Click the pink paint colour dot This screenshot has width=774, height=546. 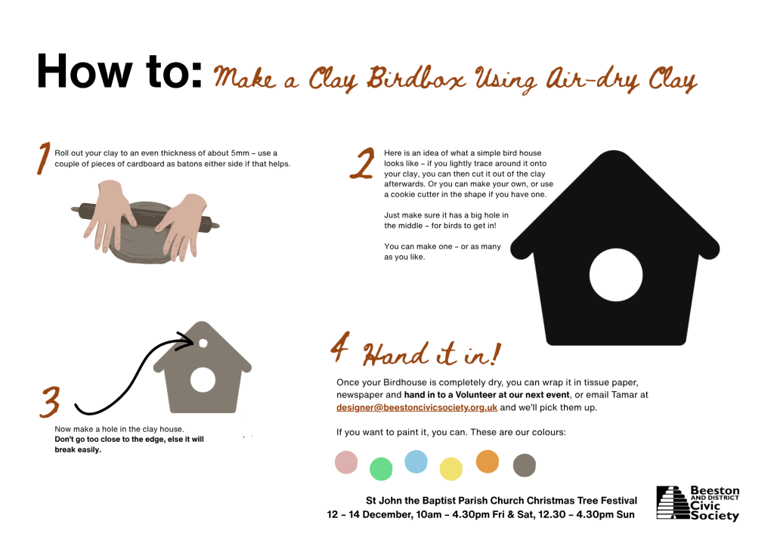pyautogui.click(x=346, y=462)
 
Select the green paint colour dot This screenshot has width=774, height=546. pyautogui.click(x=381, y=468)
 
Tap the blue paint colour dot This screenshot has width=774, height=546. pyautogui.click(x=416, y=461)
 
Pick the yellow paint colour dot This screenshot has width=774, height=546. pyautogui.click(x=450, y=468)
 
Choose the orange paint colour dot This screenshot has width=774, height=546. pyautogui.click(x=488, y=461)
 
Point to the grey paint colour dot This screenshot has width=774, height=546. pyautogui.click(x=525, y=465)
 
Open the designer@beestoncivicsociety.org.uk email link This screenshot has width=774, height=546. pyautogui.click(x=416, y=407)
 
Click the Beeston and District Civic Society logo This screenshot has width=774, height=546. pyautogui.click(x=698, y=503)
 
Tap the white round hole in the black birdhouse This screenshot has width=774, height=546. pyautogui.click(x=616, y=275)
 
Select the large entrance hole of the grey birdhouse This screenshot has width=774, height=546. pyautogui.click(x=203, y=381)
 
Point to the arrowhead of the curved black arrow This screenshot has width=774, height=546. pyautogui.click(x=187, y=341)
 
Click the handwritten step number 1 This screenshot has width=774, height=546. pyautogui.click(x=44, y=159)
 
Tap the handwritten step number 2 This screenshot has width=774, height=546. pyautogui.click(x=363, y=163)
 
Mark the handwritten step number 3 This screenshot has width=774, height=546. pyautogui.click(x=51, y=402)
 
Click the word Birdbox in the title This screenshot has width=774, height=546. pyautogui.click(x=416, y=79)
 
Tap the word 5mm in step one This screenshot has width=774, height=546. pyautogui.click(x=240, y=153)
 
